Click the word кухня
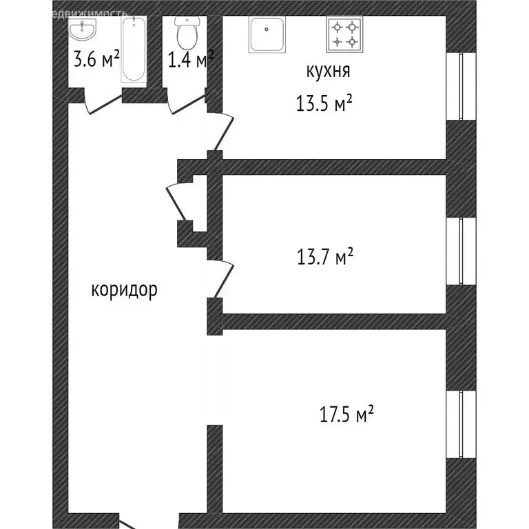(x=329, y=71)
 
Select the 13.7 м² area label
(x=324, y=258)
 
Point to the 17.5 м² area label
(x=346, y=415)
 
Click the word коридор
(x=124, y=289)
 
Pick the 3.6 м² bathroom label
(x=92, y=60)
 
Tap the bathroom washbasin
(x=84, y=30)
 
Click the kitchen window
(x=460, y=86)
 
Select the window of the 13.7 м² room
(x=460, y=251)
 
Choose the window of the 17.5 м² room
(x=460, y=425)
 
